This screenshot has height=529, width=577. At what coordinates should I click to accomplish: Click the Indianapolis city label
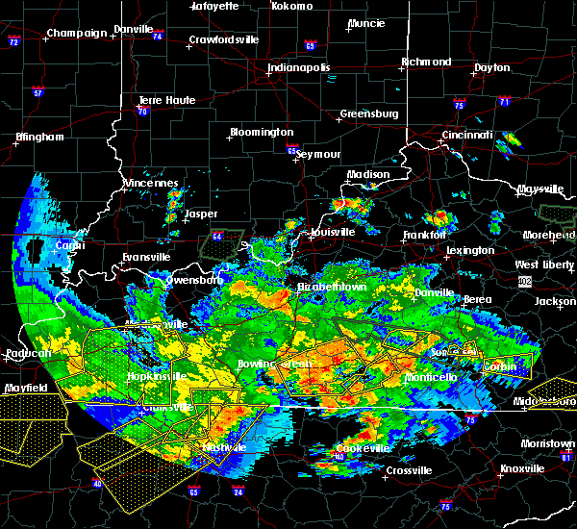click(298, 68)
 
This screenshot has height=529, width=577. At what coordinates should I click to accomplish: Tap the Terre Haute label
click(166, 100)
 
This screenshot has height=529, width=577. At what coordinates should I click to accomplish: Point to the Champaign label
click(78, 33)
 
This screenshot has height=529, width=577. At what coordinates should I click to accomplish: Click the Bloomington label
click(261, 132)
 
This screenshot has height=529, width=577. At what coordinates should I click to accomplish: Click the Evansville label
click(145, 257)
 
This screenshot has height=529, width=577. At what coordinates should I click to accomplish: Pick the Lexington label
click(470, 251)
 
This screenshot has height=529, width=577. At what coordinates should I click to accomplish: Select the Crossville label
click(409, 470)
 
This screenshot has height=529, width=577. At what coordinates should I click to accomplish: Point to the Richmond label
click(426, 63)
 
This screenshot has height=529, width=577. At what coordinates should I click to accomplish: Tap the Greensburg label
click(368, 114)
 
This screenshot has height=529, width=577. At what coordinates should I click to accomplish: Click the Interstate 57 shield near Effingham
click(38, 93)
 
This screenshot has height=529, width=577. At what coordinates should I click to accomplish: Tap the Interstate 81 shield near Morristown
click(568, 457)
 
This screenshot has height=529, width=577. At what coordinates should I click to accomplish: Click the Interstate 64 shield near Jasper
click(218, 236)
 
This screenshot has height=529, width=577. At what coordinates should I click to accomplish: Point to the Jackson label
click(555, 301)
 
